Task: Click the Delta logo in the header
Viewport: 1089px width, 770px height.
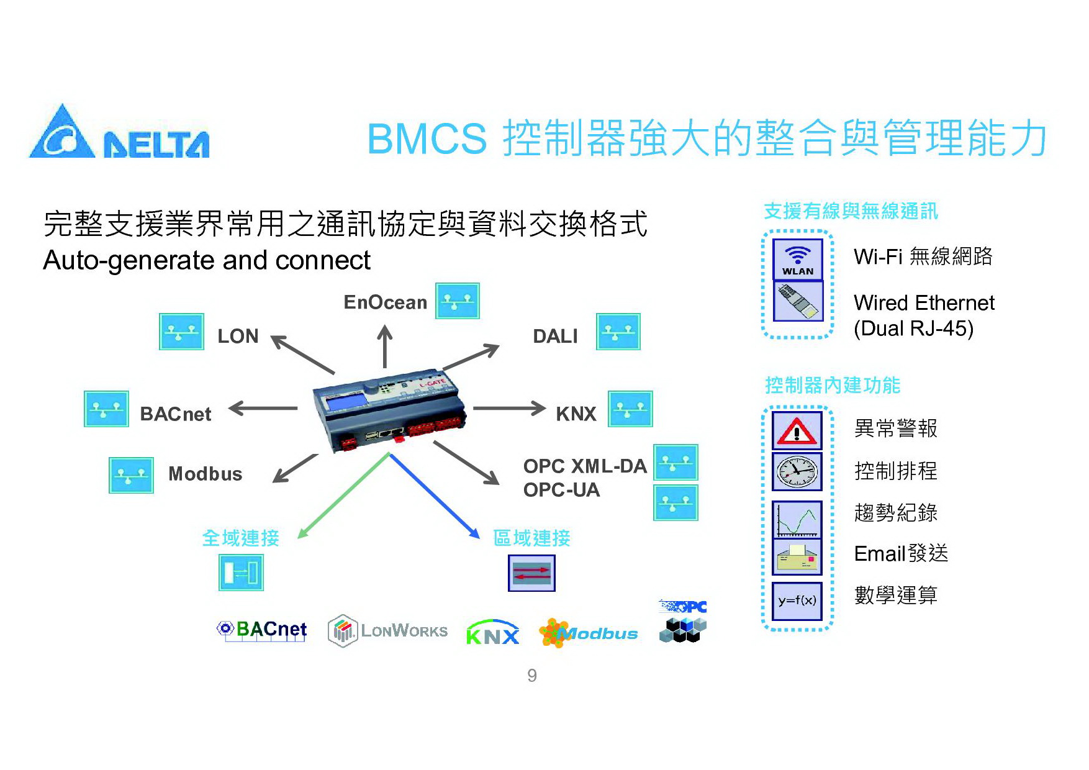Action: pos(119,132)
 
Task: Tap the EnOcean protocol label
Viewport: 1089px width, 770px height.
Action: pos(386,302)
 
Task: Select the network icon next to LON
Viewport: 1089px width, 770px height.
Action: pos(181,332)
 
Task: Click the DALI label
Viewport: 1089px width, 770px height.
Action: pos(555,336)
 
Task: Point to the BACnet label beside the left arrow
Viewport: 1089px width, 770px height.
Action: pos(176,414)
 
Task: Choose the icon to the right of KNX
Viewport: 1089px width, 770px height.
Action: pos(630,409)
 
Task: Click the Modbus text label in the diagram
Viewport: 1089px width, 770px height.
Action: pos(206,474)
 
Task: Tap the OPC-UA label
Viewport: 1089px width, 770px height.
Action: pos(562,490)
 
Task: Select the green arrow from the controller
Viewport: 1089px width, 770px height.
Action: pos(343,496)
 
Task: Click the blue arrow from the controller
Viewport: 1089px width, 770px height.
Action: pos(435,496)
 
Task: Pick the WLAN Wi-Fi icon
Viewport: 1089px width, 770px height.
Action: pos(798,260)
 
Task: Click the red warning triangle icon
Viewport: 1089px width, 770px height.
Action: pos(797,430)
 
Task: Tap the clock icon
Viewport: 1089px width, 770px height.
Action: pos(797,472)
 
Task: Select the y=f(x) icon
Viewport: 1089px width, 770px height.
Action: pos(797,600)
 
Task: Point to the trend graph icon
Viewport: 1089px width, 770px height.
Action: pos(797,520)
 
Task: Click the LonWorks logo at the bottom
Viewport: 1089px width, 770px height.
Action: pos(387,631)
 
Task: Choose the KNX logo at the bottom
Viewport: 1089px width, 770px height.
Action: pos(492,632)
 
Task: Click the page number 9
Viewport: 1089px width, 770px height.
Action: pos(532,676)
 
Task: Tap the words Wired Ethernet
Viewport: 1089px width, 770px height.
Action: pos(924,303)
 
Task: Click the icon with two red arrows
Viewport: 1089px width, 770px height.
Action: pos(531,573)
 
